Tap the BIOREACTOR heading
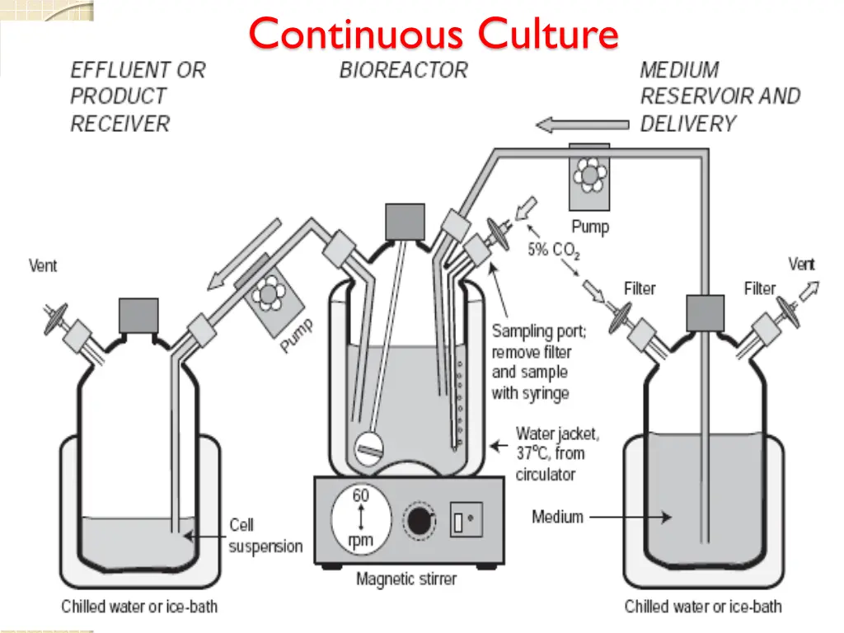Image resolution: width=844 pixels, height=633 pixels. coord(403,70)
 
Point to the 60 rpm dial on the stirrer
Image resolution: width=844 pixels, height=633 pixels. coord(361,518)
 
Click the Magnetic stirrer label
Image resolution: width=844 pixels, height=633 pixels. coord(406,579)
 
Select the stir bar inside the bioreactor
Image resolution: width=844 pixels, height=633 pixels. coord(370,449)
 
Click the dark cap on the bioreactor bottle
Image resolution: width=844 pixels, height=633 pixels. coord(405,222)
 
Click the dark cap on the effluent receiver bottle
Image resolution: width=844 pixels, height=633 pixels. coord(138,315)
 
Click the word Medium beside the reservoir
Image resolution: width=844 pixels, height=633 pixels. coord(557,517)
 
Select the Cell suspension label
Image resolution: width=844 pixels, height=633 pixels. coord(265,536)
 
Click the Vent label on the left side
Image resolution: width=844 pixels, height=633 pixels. coord(43,265)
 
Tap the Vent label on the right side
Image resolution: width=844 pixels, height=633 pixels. coord(801,265)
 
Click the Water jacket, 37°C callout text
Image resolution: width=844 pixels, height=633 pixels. coord(557,453)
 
